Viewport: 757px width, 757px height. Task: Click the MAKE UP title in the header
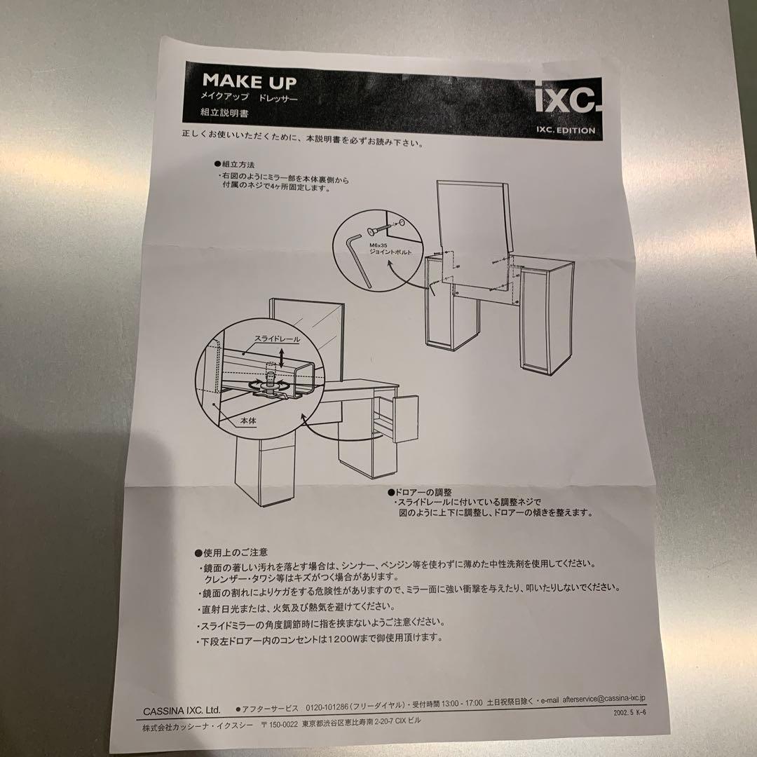(249, 82)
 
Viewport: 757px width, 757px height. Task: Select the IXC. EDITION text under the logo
(565, 130)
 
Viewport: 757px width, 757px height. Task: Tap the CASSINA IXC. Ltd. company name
(182, 709)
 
